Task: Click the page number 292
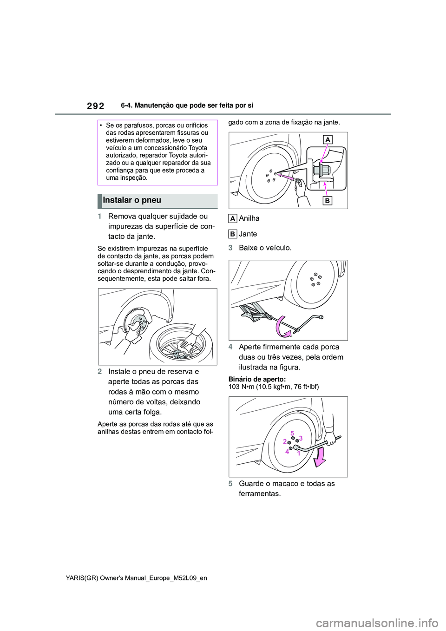95,106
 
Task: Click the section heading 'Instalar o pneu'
132,200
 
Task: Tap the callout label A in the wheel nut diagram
328,139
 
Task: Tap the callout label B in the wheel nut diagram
328,201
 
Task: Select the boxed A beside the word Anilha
233,219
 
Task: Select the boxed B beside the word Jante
233,234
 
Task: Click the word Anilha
249,218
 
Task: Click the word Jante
248,234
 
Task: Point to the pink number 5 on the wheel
292,434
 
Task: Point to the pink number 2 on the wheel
285,441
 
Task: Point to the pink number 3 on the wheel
301,438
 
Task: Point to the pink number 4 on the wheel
287,452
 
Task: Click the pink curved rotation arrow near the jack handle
282,326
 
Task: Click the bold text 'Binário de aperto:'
257,379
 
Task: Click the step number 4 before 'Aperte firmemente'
230,347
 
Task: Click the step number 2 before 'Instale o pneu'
100,372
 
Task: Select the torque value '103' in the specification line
234,387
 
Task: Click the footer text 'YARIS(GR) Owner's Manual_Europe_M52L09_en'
137,578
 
